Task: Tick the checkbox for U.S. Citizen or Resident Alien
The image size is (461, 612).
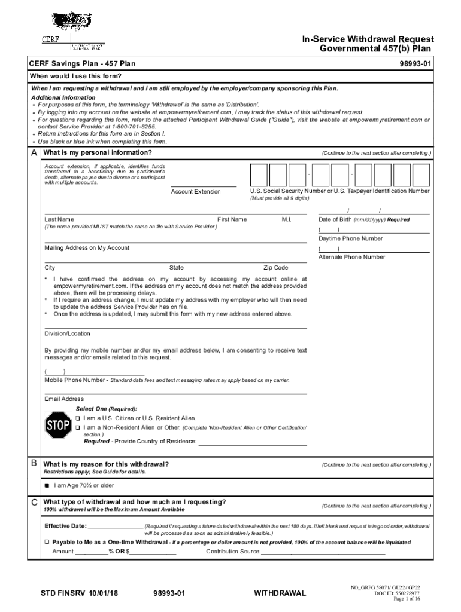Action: point(78,418)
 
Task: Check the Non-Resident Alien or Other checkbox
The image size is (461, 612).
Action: point(78,428)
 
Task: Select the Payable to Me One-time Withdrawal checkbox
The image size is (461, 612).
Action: point(47,542)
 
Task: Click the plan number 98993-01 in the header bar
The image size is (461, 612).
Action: point(413,63)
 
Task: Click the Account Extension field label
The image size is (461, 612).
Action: point(195,192)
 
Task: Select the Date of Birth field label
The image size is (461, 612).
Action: point(364,219)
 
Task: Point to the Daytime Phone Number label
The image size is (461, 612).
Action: point(350,238)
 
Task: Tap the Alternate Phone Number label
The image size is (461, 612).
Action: point(351,257)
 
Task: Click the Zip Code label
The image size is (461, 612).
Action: point(275,268)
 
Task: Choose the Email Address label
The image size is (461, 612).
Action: point(64,399)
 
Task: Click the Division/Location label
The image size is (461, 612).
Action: point(67,333)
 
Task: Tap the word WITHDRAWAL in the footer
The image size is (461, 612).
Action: point(280,593)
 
